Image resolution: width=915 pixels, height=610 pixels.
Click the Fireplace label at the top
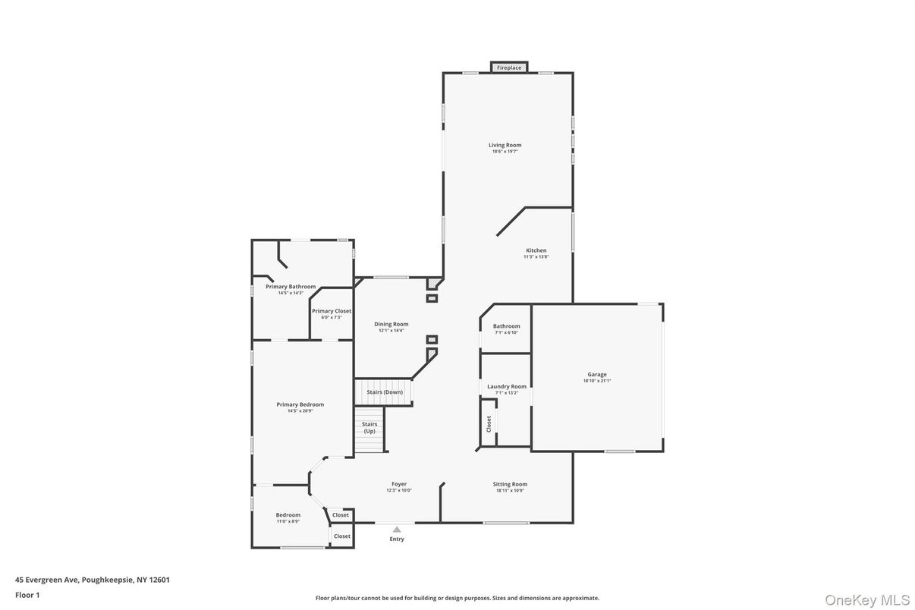pyautogui.click(x=508, y=68)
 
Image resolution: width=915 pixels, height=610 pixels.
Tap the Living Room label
pyautogui.click(x=505, y=145)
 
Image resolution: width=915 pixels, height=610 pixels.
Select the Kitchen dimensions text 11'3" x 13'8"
pyautogui.click(x=536, y=257)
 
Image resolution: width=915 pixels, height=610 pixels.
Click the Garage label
pyautogui.click(x=596, y=374)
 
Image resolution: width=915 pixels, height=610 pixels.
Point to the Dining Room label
pyautogui.click(x=391, y=324)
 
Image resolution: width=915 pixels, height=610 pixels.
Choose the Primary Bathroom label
pyautogui.click(x=291, y=287)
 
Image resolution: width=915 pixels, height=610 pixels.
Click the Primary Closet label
pyautogui.click(x=332, y=311)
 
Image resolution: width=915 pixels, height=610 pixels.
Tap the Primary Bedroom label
pyautogui.click(x=300, y=404)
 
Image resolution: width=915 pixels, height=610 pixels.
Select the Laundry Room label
pyautogui.click(x=506, y=386)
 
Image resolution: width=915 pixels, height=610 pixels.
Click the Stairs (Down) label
pyautogui.click(x=385, y=392)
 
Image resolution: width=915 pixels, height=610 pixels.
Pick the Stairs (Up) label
pyautogui.click(x=369, y=427)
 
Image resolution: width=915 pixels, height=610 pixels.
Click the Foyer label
pyautogui.click(x=399, y=484)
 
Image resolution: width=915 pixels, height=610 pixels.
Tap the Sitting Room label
pyautogui.click(x=510, y=484)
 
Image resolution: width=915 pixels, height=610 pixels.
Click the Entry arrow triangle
pyautogui.click(x=397, y=530)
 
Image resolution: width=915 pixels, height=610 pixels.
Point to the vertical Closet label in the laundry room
pyautogui.click(x=489, y=423)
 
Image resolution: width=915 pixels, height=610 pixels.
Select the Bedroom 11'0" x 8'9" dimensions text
pyautogui.click(x=288, y=522)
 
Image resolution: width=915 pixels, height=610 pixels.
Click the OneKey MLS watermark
pyautogui.click(x=867, y=599)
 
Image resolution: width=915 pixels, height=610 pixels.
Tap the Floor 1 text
pyautogui.click(x=27, y=595)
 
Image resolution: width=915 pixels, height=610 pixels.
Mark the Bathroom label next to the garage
pyautogui.click(x=506, y=326)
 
